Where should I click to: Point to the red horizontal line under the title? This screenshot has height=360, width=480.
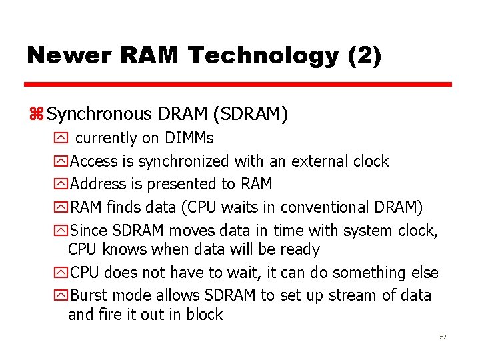[238, 85]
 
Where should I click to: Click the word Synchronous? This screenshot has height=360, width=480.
[100, 115]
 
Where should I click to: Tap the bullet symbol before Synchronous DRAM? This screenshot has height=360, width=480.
[36, 115]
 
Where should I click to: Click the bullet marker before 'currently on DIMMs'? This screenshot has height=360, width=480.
[61, 139]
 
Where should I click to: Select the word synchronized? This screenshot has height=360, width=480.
[185, 161]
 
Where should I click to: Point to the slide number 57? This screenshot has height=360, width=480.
[443, 337]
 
